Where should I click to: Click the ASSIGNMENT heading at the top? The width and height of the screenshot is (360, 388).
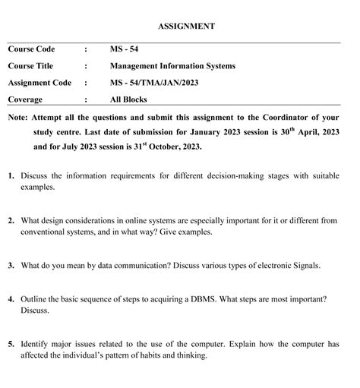tap(186, 27)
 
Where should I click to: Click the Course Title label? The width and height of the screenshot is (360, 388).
tap(32, 66)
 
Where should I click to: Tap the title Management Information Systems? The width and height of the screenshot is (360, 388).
tap(172, 66)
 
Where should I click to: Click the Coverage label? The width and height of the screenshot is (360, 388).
tap(25, 99)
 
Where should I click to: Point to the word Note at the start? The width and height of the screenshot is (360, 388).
tap(17, 118)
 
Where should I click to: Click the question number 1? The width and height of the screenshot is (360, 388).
tap(11, 175)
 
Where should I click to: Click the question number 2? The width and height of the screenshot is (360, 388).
tap(11, 221)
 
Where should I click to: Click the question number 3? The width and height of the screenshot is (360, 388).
tap(11, 266)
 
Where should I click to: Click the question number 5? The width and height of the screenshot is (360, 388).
tap(11, 344)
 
